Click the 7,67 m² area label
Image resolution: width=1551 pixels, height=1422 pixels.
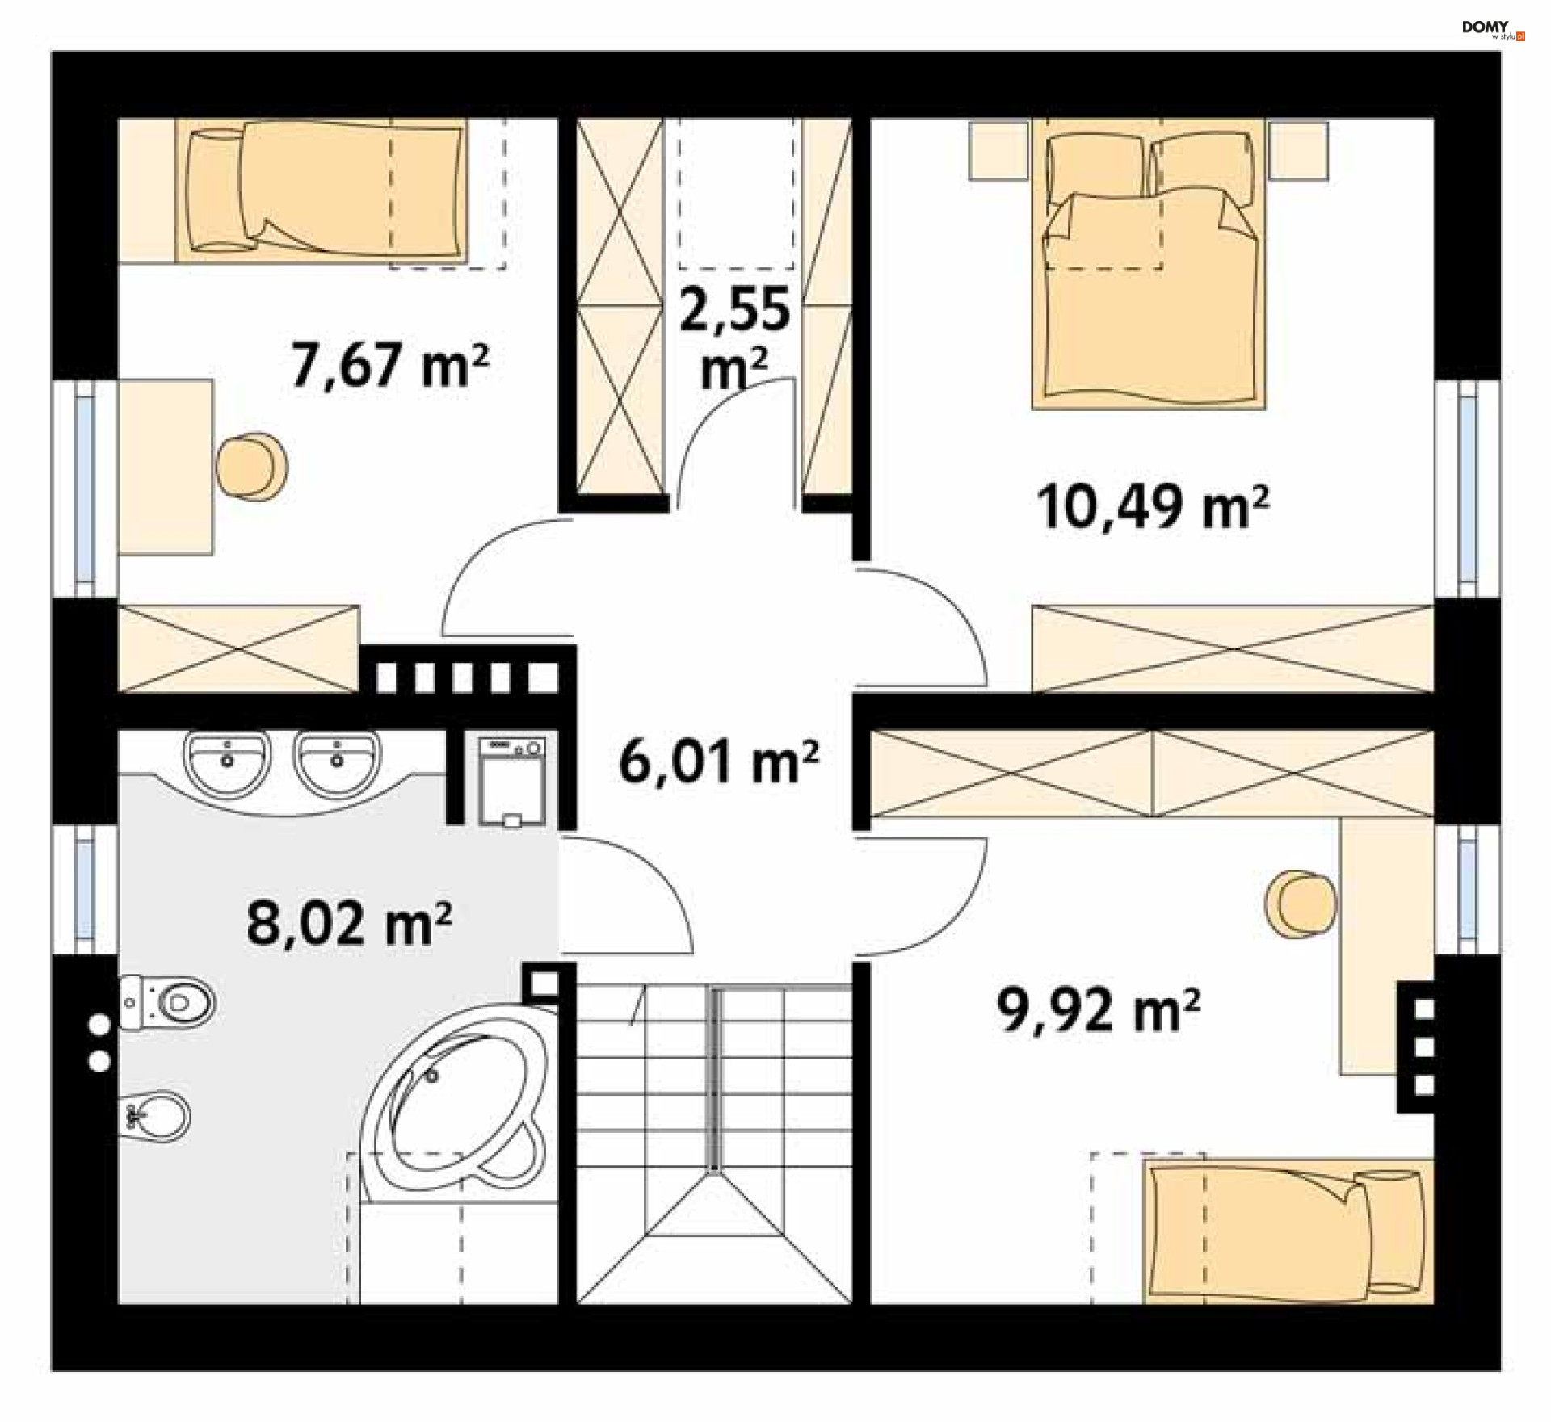[x=390, y=366]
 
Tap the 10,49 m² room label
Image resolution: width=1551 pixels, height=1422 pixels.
[x=1153, y=507]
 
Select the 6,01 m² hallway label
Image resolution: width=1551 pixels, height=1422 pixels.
[x=719, y=762]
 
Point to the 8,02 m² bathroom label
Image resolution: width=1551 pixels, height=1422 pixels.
[x=349, y=923]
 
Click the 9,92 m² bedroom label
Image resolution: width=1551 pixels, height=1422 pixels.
[x=1099, y=1010]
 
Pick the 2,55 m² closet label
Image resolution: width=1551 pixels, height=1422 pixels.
[x=734, y=338]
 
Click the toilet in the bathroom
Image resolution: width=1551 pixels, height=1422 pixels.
[x=167, y=1002]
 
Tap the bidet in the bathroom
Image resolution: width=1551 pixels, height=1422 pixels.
[x=155, y=1117]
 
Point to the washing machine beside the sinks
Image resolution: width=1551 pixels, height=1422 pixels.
[x=512, y=780]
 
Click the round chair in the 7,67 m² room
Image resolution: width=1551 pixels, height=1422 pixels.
[x=252, y=467]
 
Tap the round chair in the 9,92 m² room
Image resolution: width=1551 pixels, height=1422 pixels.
[x=1301, y=904]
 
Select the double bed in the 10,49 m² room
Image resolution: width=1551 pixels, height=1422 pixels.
[x=1149, y=264]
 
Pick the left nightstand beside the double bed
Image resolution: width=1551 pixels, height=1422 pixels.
[x=999, y=150]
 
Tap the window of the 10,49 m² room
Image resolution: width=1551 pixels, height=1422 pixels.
[x=1469, y=489]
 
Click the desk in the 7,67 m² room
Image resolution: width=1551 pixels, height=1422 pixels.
[x=166, y=467]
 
